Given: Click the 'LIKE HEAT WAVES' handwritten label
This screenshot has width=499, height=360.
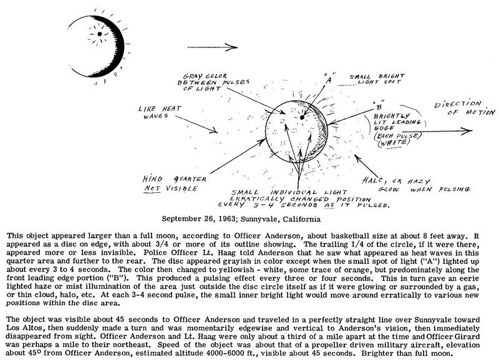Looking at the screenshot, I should point(155,113).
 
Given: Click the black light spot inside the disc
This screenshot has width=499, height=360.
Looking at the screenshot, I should point(302,117).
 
